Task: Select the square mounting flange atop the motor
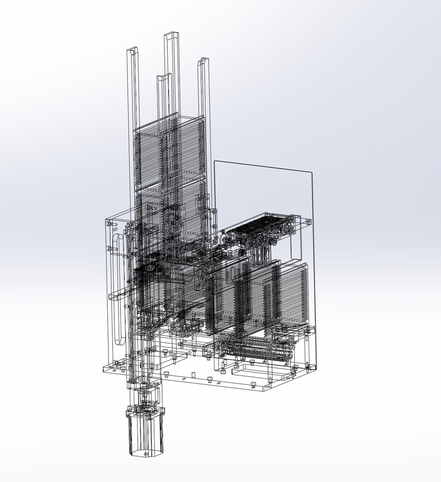coord(146,411)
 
